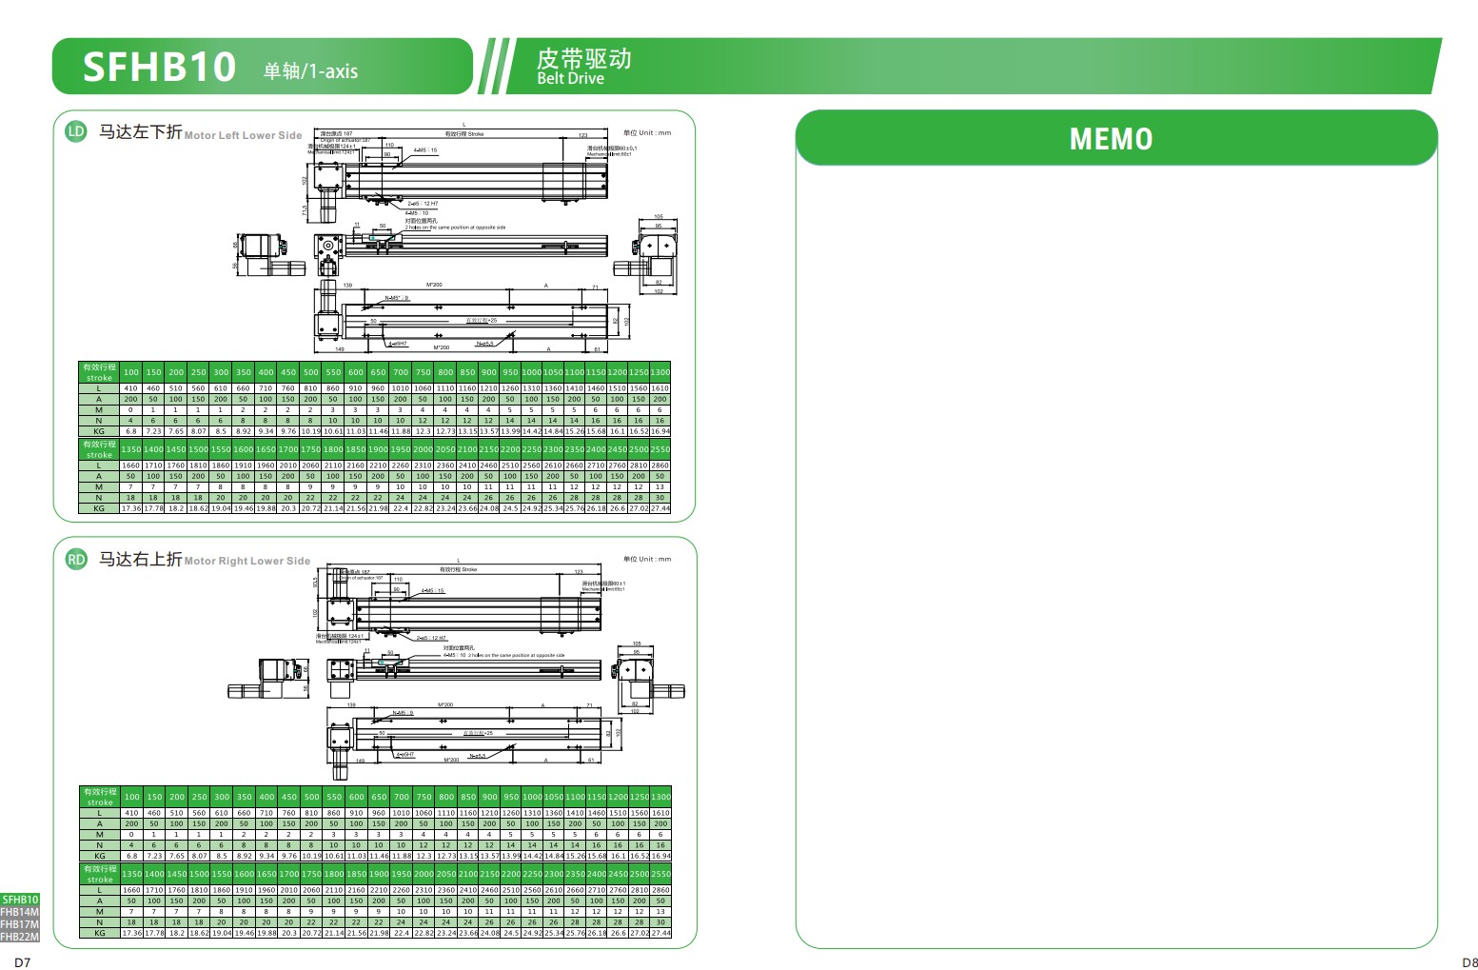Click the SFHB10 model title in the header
click(159, 67)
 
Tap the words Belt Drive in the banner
click(570, 79)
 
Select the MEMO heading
click(1111, 139)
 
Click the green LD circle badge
click(76, 132)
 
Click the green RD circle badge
click(76, 560)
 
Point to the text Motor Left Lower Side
click(243, 136)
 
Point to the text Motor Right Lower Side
click(247, 562)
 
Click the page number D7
click(23, 962)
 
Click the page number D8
click(1469, 962)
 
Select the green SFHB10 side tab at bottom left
click(20, 900)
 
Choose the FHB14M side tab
click(20, 912)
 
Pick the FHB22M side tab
click(20, 937)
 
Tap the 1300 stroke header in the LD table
click(660, 372)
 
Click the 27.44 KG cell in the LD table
click(660, 509)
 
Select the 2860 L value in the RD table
click(660, 890)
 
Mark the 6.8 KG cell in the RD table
click(131, 856)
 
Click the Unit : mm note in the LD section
click(647, 133)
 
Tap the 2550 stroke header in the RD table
click(660, 874)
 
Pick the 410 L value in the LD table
click(130, 388)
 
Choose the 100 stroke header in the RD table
click(131, 797)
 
